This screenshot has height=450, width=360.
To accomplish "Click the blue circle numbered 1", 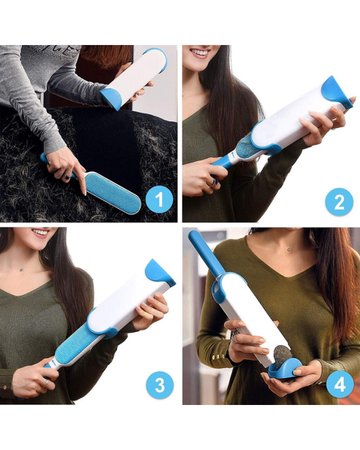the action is point(159,199).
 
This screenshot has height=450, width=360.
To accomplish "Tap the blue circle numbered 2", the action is point(339,202).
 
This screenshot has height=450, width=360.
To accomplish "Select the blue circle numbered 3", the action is point(159,384).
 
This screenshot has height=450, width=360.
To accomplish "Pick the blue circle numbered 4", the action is point(340,384).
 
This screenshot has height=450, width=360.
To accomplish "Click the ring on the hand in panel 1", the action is point(67,177).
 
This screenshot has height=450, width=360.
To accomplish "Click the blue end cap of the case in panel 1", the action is point(112,99).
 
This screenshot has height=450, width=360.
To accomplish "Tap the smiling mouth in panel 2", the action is point(199,53).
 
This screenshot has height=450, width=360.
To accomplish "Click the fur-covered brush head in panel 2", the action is point(243,147).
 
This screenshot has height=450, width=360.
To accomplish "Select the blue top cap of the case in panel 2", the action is point(336,92).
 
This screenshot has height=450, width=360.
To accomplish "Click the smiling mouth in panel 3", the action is point(41,232).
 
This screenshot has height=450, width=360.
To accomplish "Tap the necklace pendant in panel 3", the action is point(21,269).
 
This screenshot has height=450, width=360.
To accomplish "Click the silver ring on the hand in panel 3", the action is point(46,383).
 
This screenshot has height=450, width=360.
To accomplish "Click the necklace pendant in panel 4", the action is point(289,249).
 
